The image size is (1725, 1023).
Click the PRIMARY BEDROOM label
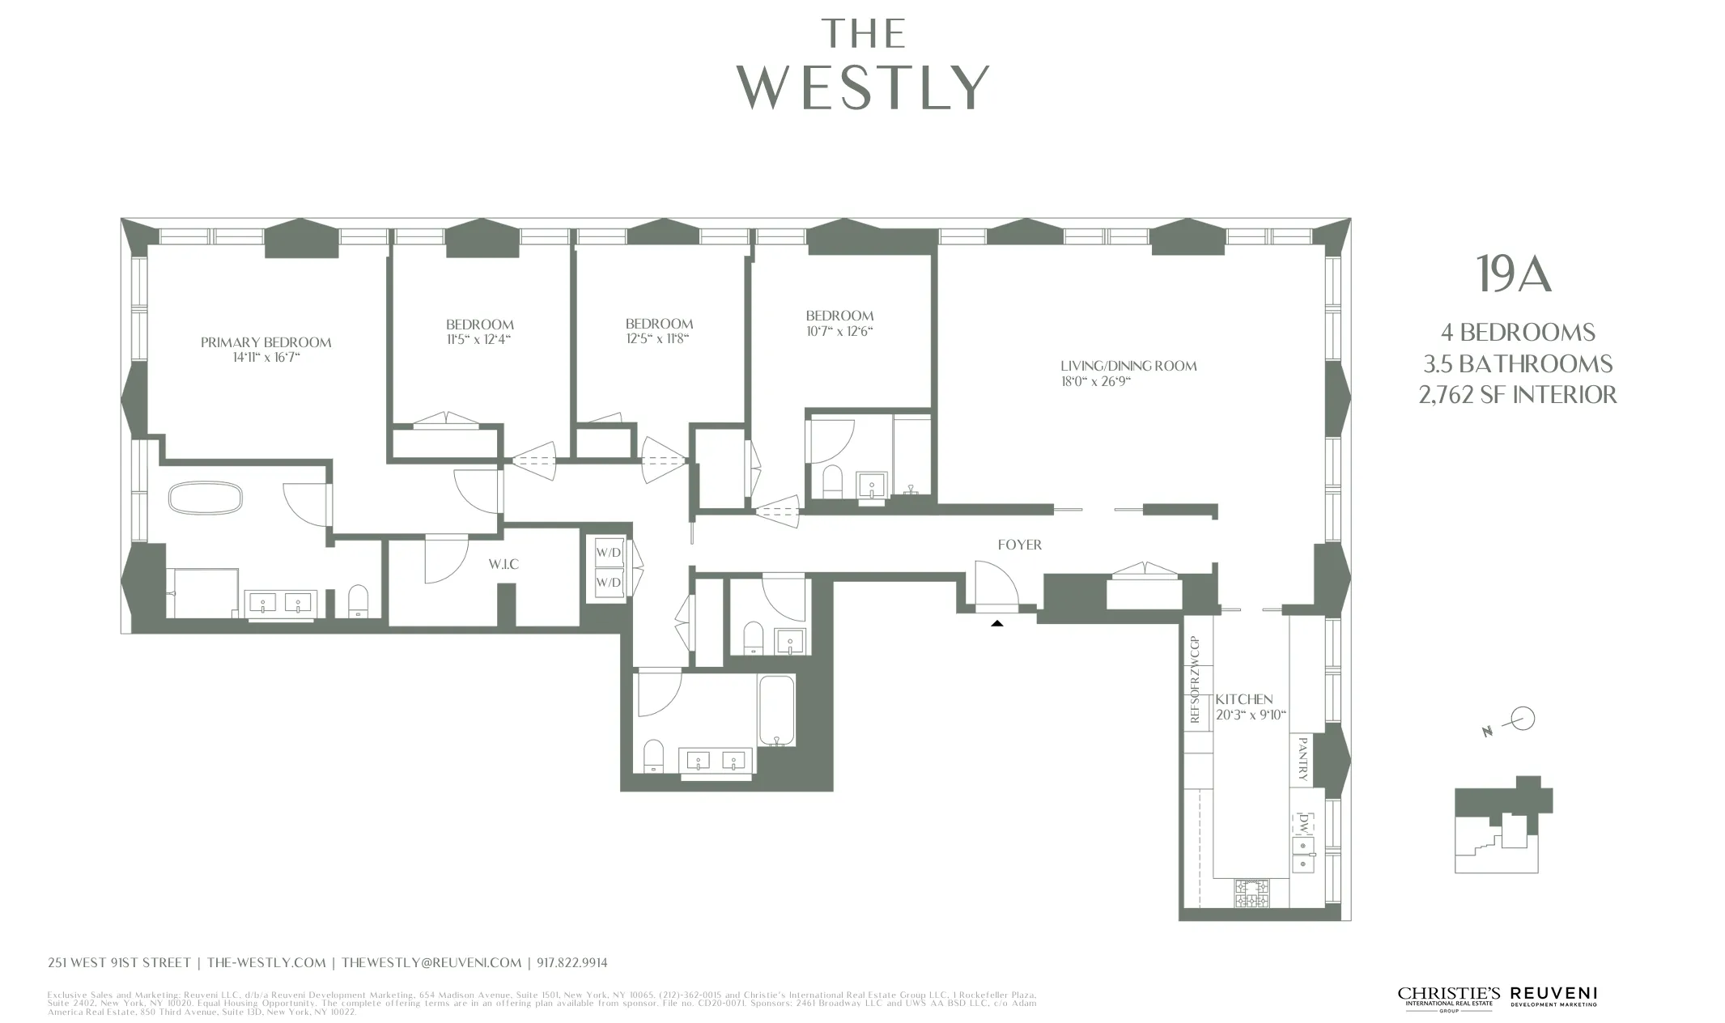click(x=266, y=342)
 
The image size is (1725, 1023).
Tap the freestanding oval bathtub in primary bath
click(x=205, y=498)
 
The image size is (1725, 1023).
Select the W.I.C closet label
click(x=503, y=564)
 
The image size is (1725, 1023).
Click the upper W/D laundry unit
click(x=609, y=553)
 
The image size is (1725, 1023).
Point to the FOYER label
click(x=1019, y=545)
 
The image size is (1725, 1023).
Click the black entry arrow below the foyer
click(x=996, y=623)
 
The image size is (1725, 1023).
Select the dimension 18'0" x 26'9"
click(x=1094, y=382)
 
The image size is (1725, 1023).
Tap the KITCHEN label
click(x=1243, y=699)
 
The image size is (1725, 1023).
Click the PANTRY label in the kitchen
click(x=1302, y=758)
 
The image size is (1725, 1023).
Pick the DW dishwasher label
click(x=1303, y=824)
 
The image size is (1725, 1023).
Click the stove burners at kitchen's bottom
click(x=1251, y=893)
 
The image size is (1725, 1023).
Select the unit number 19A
click(x=1513, y=274)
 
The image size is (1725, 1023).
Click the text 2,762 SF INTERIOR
click(x=1517, y=395)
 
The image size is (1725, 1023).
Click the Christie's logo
click(x=1448, y=996)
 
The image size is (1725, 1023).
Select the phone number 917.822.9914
click(x=571, y=963)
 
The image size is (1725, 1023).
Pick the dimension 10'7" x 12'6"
click(x=839, y=331)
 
